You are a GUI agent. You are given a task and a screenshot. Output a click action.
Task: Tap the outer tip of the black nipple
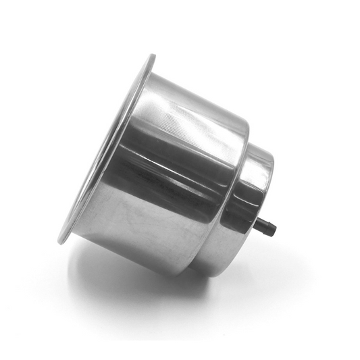274,229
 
